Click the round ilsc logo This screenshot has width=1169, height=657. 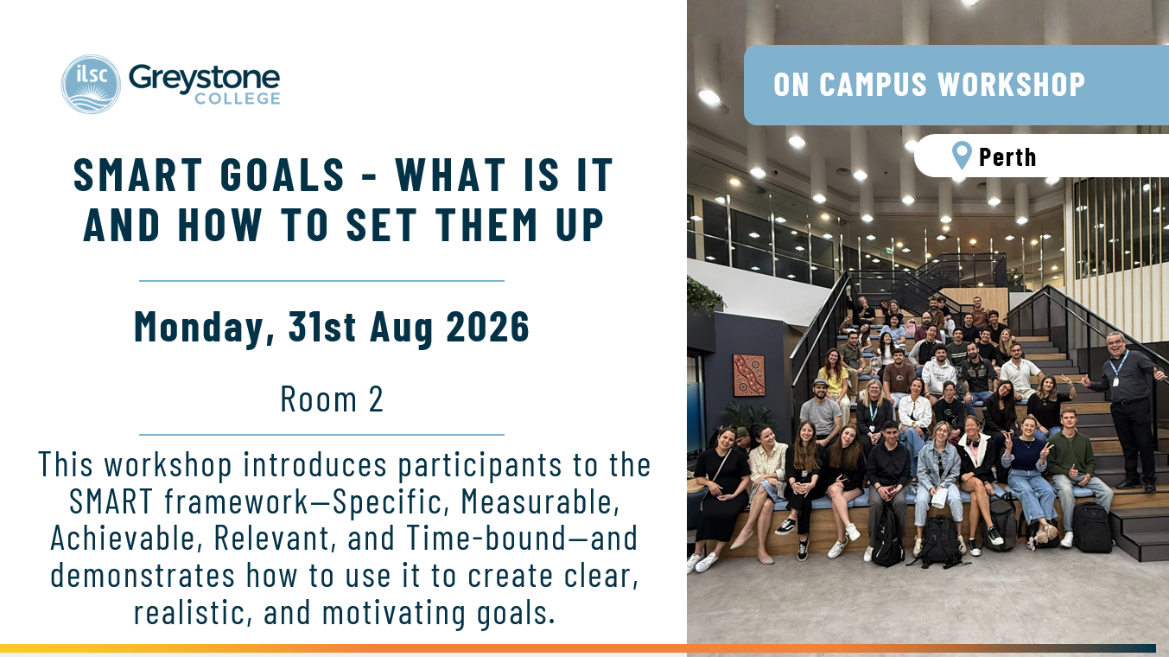[x=91, y=84]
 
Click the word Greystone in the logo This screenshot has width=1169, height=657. [x=204, y=80]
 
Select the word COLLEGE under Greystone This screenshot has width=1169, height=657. [x=238, y=99]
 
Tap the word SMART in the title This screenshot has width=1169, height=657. [x=137, y=175]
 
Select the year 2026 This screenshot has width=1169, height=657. [x=488, y=327]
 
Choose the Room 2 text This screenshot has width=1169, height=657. [x=332, y=399]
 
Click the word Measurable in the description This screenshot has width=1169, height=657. [x=540, y=501]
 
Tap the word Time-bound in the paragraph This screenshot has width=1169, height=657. [x=486, y=538]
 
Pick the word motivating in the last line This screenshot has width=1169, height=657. [x=393, y=613]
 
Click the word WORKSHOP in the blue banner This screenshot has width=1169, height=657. [x=1011, y=85]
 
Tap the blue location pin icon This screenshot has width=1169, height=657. [x=962, y=155]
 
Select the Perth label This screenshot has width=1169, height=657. [x=1007, y=157]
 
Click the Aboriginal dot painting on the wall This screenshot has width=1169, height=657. [x=749, y=375]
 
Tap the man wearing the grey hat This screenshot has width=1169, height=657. [x=821, y=412]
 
